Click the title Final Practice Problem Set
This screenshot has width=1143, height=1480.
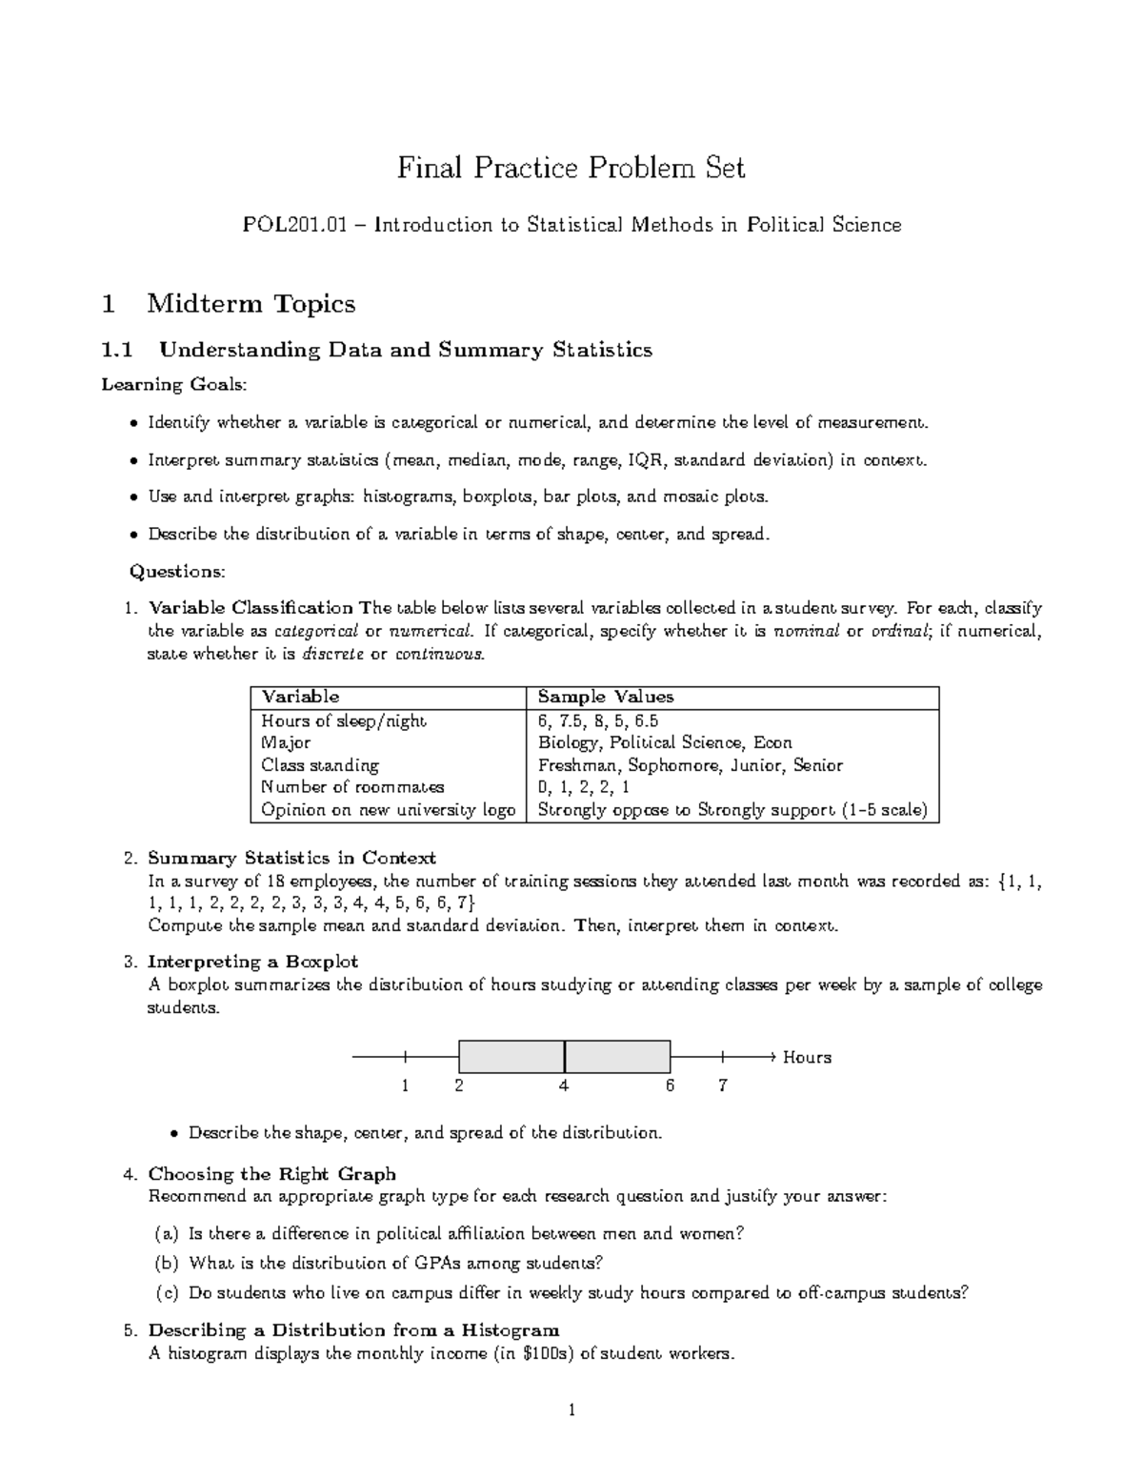pyautogui.click(x=571, y=169)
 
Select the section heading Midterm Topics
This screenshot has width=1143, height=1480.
pyautogui.click(x=251, y=304)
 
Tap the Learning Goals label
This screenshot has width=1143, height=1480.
pyautogui.click(x=173, y=385)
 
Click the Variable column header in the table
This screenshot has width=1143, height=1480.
pyautogui.click(x=300, y=698)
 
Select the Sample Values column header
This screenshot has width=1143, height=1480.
pyautogui.click(x=605, y=698)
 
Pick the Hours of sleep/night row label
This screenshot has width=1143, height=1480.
pyautogui.click(x=344, y=721)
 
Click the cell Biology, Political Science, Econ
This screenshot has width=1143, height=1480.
pyautogui.click(x=664, y=743)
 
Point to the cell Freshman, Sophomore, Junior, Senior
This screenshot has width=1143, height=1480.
pyautogui.click(x=690, y=765)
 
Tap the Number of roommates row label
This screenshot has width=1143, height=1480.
pyautogui.click(x=352, y=788)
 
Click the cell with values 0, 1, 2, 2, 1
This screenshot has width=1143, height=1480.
pyautogui.click(x=583, y=788)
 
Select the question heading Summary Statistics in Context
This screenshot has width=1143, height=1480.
pyautogui.click(x=291, y=858)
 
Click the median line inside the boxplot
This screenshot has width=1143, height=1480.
pyautogui.click(x=565, y=1057)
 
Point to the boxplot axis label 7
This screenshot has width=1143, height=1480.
pyautogui.click(x=723, y=1085)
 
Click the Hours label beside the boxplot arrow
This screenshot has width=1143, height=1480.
pyautogui.click(x=807, y=1058)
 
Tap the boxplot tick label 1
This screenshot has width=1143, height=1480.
pyautogui.click(x=405, y=1085)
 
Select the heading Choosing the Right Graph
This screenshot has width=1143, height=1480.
pyautogui.click(x=271, y=1174)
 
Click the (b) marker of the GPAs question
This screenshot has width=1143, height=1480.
pyautogui.click(x=166, y=1264)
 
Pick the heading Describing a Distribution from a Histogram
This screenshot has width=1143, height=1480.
pyautogui.click(x=353, y=1330)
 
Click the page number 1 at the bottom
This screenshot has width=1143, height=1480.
pyautogui.click(x=571, y=1411)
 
